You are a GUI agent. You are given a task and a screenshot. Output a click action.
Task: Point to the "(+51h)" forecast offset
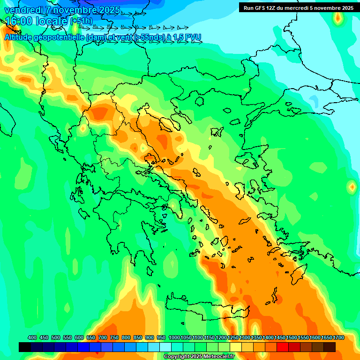81,21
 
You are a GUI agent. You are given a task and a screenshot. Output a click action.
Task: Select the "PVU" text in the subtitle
193,37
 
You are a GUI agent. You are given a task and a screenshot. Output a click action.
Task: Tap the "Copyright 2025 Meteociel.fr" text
199,356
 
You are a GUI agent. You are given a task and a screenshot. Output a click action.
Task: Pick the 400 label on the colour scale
32,338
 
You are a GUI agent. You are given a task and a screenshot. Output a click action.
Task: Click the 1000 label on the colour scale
174,338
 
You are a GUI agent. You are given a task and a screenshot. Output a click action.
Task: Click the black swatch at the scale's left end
25,347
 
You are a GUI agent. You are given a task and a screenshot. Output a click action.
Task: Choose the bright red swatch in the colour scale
283,347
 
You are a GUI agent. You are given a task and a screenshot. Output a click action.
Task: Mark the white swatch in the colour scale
165,347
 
